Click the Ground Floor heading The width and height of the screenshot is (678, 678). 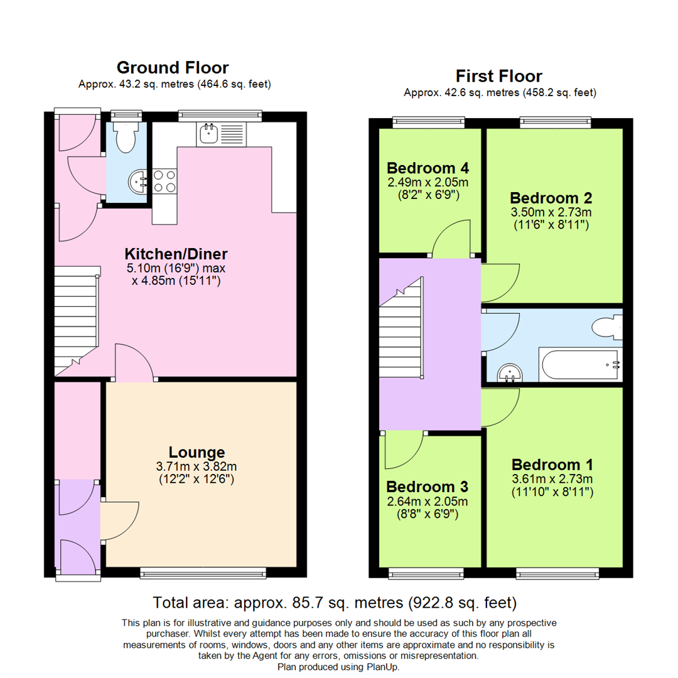173,68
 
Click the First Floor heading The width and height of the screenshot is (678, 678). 499,77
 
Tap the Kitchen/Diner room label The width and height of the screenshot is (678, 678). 176,254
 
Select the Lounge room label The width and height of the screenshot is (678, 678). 196,452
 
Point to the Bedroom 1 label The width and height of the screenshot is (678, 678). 552,465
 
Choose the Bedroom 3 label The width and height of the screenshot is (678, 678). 427,487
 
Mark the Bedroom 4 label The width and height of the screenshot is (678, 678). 428,168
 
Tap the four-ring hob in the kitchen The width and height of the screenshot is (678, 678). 164,181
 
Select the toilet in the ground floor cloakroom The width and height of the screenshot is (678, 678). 126,137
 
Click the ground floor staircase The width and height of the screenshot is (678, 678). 77,314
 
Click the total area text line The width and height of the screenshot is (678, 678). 335,603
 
